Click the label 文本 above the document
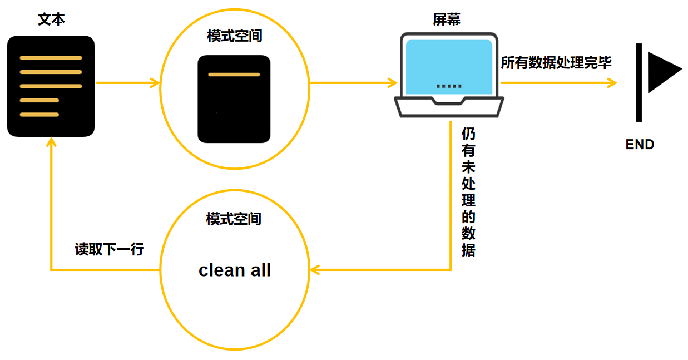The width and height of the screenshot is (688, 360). click(x=51, y=19)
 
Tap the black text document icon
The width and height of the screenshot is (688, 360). click(x=51, y=86)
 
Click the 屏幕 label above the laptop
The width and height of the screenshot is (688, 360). click(x=446, y=19)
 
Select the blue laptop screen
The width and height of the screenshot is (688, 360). click(x=449, y=66)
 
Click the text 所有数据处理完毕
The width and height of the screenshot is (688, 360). click(x=556, y=63)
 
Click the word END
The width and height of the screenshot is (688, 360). click(x=640, y=145)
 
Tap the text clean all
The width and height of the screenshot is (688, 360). click(x=235, y=270)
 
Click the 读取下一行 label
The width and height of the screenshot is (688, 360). click(x=110, y=249)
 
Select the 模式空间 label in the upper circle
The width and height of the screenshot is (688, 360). click(x=234, y=37)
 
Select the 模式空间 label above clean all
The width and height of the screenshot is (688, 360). click(x=234, y=219)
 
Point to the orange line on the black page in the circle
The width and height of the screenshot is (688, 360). click(x=234, y=74)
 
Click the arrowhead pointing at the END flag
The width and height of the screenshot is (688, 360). click(x=613, y=83)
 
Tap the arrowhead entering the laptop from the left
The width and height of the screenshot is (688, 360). click(x=393, y=83)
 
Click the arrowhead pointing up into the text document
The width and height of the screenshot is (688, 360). click(x=51, y=144)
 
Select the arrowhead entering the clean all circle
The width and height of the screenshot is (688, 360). click(x=315, y=270)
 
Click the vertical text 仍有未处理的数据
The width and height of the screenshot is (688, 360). click(x=468, y=192)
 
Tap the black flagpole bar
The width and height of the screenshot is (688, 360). click(x=639, y=82)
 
